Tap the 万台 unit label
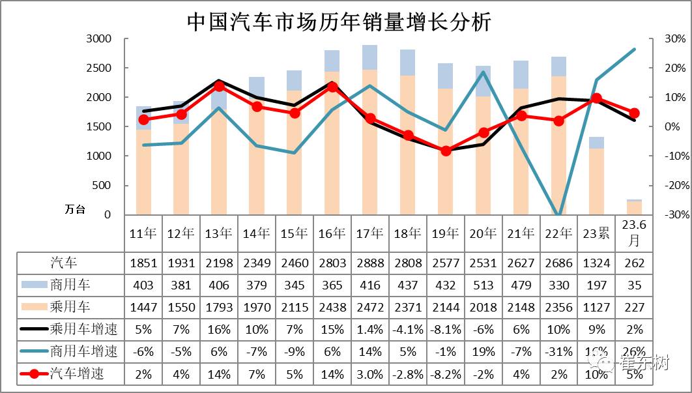pos(75,209)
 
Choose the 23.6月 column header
pos(634,233)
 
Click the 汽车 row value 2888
pos(369,263)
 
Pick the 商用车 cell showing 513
pos(483,285)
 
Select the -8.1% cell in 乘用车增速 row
pos(445,329)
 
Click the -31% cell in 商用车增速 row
pos(558,351)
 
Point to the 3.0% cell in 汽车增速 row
pos(369,373)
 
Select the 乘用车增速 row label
pos(84,329)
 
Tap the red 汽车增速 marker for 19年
pos(446,151)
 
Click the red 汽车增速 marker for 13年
pos(219,86)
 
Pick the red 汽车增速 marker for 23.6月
pos(634,113)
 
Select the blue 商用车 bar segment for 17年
pos(369,57)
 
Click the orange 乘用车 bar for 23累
pos(596,181)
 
